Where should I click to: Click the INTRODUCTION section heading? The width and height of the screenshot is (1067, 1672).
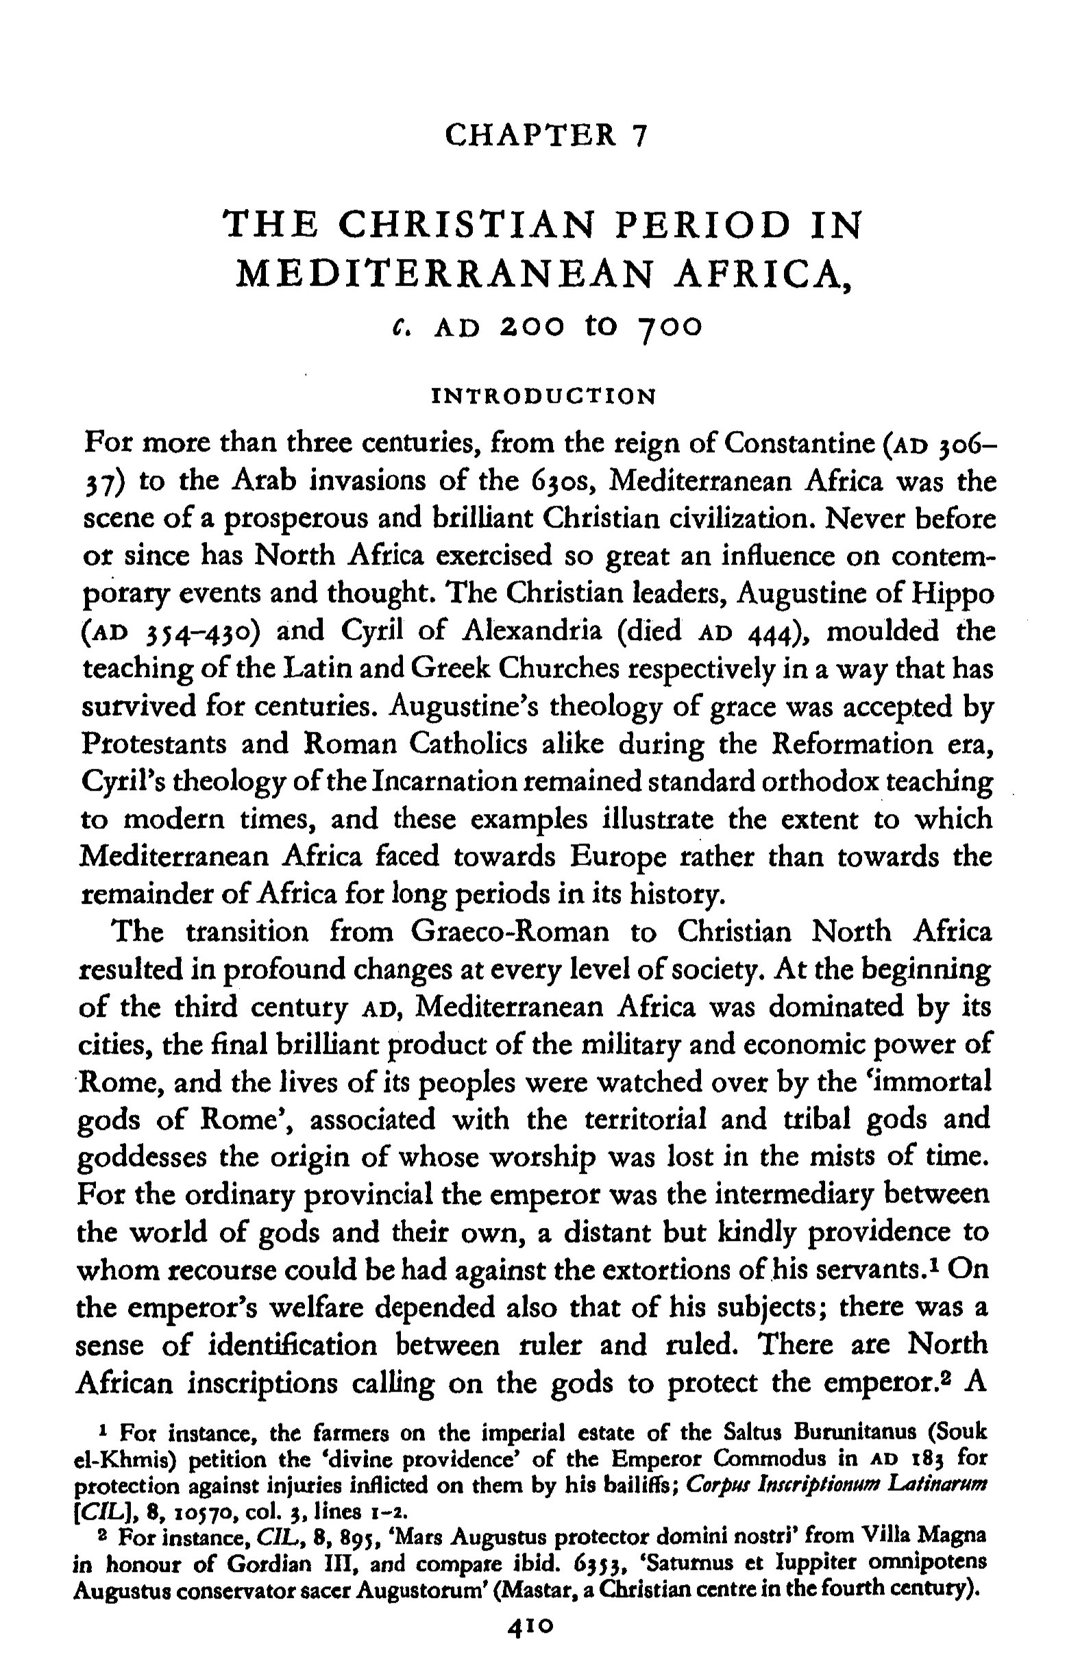coord(543,397)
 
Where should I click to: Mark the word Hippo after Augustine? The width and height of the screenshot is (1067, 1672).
coord(955,593)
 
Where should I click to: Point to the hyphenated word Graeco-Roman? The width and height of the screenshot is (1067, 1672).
coord(510,931)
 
